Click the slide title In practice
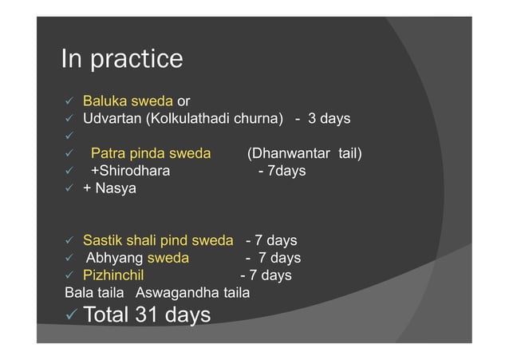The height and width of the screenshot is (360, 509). tap(122, 59)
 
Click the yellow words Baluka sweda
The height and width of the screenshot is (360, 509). tap(128, 102)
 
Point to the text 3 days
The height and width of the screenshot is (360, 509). tap(329, 119)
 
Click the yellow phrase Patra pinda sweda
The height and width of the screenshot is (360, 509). tap(151, 153)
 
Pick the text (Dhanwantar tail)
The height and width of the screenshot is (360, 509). tap(304, 153)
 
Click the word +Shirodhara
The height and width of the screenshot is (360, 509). tap(130, 171)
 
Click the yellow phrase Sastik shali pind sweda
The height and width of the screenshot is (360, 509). tap(158, 240)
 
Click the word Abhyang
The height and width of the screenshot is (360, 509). tap(114, 258)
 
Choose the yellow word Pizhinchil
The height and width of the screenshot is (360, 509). tap(112, 275)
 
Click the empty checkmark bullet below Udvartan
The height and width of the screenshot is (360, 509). tap(69, 136)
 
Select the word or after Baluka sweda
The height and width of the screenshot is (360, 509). tap(183, 102)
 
